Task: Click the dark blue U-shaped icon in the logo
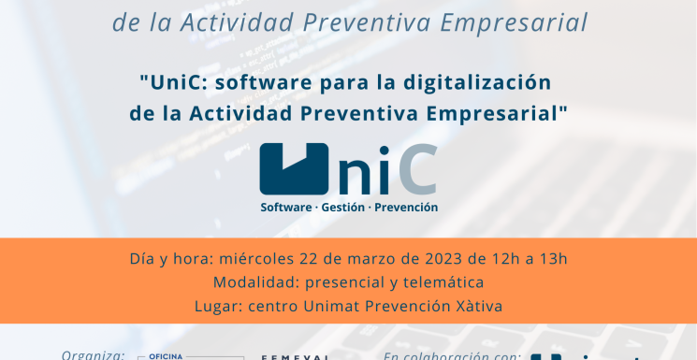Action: [x=294, y=168]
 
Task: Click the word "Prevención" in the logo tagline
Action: [x=406, y=207]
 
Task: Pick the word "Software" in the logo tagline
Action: [x=285, y=207]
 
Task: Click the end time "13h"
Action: [x=552, y=259]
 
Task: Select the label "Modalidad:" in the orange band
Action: [x=254, y=282]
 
